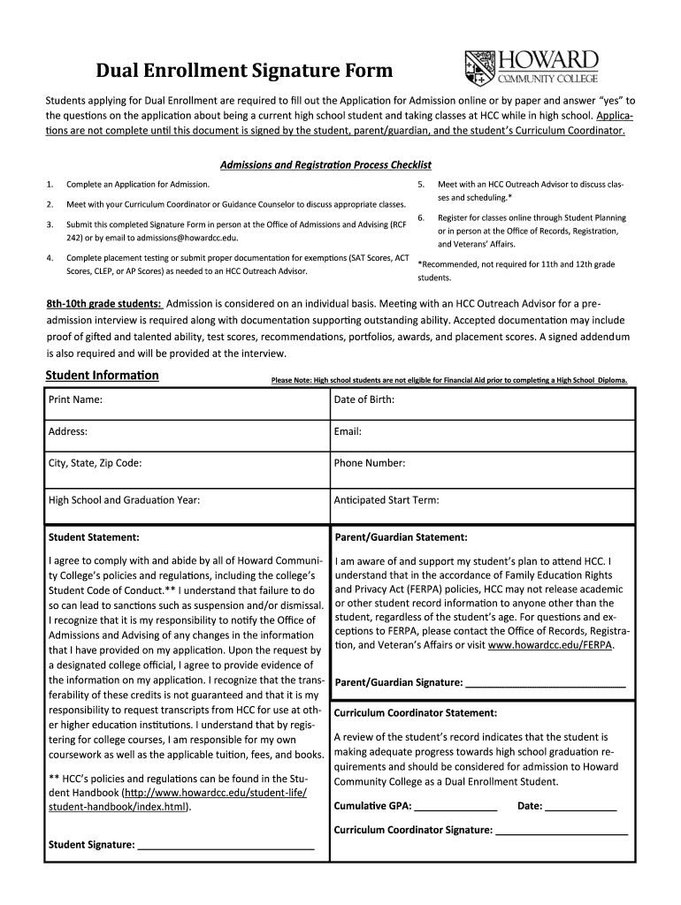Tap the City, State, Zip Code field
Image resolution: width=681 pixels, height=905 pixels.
pyautogui.click(x=230, y=463)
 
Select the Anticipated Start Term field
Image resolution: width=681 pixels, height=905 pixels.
pyautogui.click(x=531, y=500)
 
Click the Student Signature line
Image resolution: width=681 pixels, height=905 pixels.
pyautogui.click(x=226, y=845)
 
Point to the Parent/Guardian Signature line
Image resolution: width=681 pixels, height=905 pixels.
pyautogui.click(x=545, y=683)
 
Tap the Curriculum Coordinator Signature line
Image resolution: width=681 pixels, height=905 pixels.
pyautogui.click(x=562, y=831)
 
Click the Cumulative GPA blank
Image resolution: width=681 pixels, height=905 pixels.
pyautogui.click(x=455, y=807)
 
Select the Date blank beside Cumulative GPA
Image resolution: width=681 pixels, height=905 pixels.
pyautogui.click(x=580, y=807)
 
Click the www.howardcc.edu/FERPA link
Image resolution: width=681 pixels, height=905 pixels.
pyautogui.click(x=550, y=645)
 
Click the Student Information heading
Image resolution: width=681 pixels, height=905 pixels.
pyautogui.click(x=102, y=376)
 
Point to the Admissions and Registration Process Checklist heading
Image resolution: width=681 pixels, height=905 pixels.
pyautogui.click(x=325, y=164)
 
